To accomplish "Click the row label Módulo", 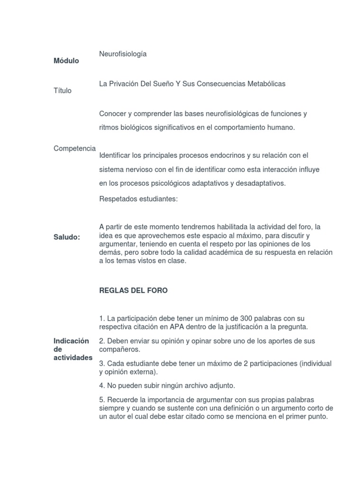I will [66, 61].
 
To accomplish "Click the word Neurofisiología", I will [123, 54].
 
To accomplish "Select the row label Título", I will [63, 90].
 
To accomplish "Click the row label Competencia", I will [74, 149].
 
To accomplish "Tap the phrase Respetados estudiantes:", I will [138, 199].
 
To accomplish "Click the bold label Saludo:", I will [67, 237].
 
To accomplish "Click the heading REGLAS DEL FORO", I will [133, 291].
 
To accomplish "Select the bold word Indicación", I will [72, 341].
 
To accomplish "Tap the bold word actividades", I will [73, 358].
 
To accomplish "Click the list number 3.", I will [101, 364].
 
